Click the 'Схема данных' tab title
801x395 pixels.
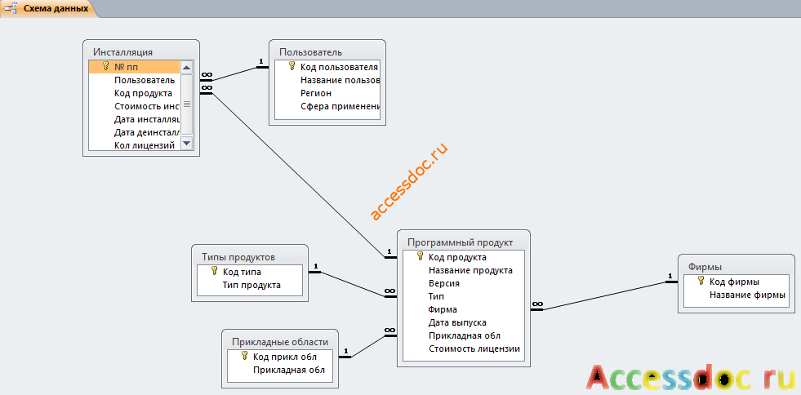tap(56, 9)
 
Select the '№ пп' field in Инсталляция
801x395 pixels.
tap(126, 67)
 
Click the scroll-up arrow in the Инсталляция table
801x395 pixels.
tap(186, 68)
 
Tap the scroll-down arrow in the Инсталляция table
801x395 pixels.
tap(186, 144)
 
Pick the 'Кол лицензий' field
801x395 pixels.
tap(145, 146)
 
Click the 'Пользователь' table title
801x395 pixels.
tap(310, 52)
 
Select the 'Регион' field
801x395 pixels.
tap(316, 93)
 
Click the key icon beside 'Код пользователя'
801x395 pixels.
tap(292, 66)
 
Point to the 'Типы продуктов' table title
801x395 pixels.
tap(238, 257)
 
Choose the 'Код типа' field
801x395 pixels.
tap(243, 272)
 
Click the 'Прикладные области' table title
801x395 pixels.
tap(280, 342)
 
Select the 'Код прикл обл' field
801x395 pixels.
tap(285, 357)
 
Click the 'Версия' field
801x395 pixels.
tap(444, 283)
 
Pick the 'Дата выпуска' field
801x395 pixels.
tap(457, 322)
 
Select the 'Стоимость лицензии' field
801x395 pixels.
tap(474, 349)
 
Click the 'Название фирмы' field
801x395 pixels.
tap(747, 295)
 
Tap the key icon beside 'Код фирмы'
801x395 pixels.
tap(701, 282)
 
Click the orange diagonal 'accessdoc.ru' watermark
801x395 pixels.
tap(409, 180)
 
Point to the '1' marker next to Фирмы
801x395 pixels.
tap(670, 277)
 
